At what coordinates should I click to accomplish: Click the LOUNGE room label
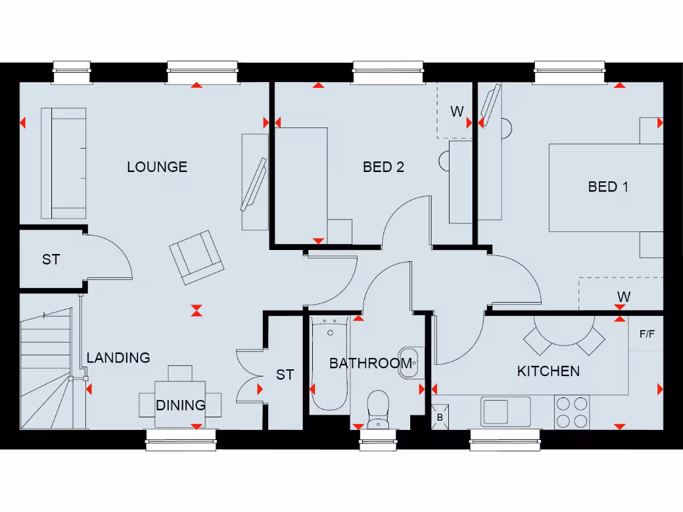pyautogui.click(x=157, y=167)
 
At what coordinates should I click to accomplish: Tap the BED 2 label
pyautogui.click(x=384, y=167)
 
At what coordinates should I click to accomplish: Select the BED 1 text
pyautogui.click(x=608, y=187)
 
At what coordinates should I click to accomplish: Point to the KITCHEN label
pyautogui.click(x=548, y=371)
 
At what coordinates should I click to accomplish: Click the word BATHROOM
pyautogui.click(x=370, y=363)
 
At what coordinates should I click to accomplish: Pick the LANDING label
pyautogui.click(x=118, y=357)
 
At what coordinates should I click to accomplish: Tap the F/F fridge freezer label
pyautogui.click(x=646, y=334)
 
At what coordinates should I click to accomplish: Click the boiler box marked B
pyautogui.click(x=440, y=417)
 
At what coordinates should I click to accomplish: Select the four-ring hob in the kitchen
pyautogui.click(x=572, y=411)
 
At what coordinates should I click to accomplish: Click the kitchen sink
pyautogui.click(x=505, y=411)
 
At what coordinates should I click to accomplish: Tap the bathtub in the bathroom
pyautogui.click(x=329, y=363)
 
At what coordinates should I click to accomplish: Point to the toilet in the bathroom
pyautogui.click(x=378, y=408)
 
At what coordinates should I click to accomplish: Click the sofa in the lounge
pyautogui.click(x=64, y=163)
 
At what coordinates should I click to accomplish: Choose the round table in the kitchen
pyautogui.click(x=564, y=329)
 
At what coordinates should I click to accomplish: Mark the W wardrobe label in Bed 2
pyautogui.click(x=456, y=111)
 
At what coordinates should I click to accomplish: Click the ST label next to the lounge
pyautogui.click(x=51, y=259)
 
